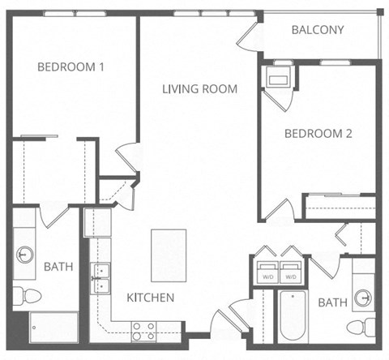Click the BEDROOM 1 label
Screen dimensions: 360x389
click(x=71, y=67)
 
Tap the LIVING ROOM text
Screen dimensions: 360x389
click(x=199, y=89)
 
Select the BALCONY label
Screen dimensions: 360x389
click(x=318, y=31)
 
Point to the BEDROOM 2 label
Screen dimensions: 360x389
click(x=317, y=135)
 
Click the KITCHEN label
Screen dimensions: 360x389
click(x=150, y=298)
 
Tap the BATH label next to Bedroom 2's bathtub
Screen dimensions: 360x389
click(x=332, y=302)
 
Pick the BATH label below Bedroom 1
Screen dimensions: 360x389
click(x=58, y=266)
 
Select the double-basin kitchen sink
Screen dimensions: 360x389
click(x=101, y=276)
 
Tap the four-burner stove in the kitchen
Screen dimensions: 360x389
click(x=144, y=329)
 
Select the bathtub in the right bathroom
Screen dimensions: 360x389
click(x=290, y=318)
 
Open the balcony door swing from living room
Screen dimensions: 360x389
click(x=250, y=38)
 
